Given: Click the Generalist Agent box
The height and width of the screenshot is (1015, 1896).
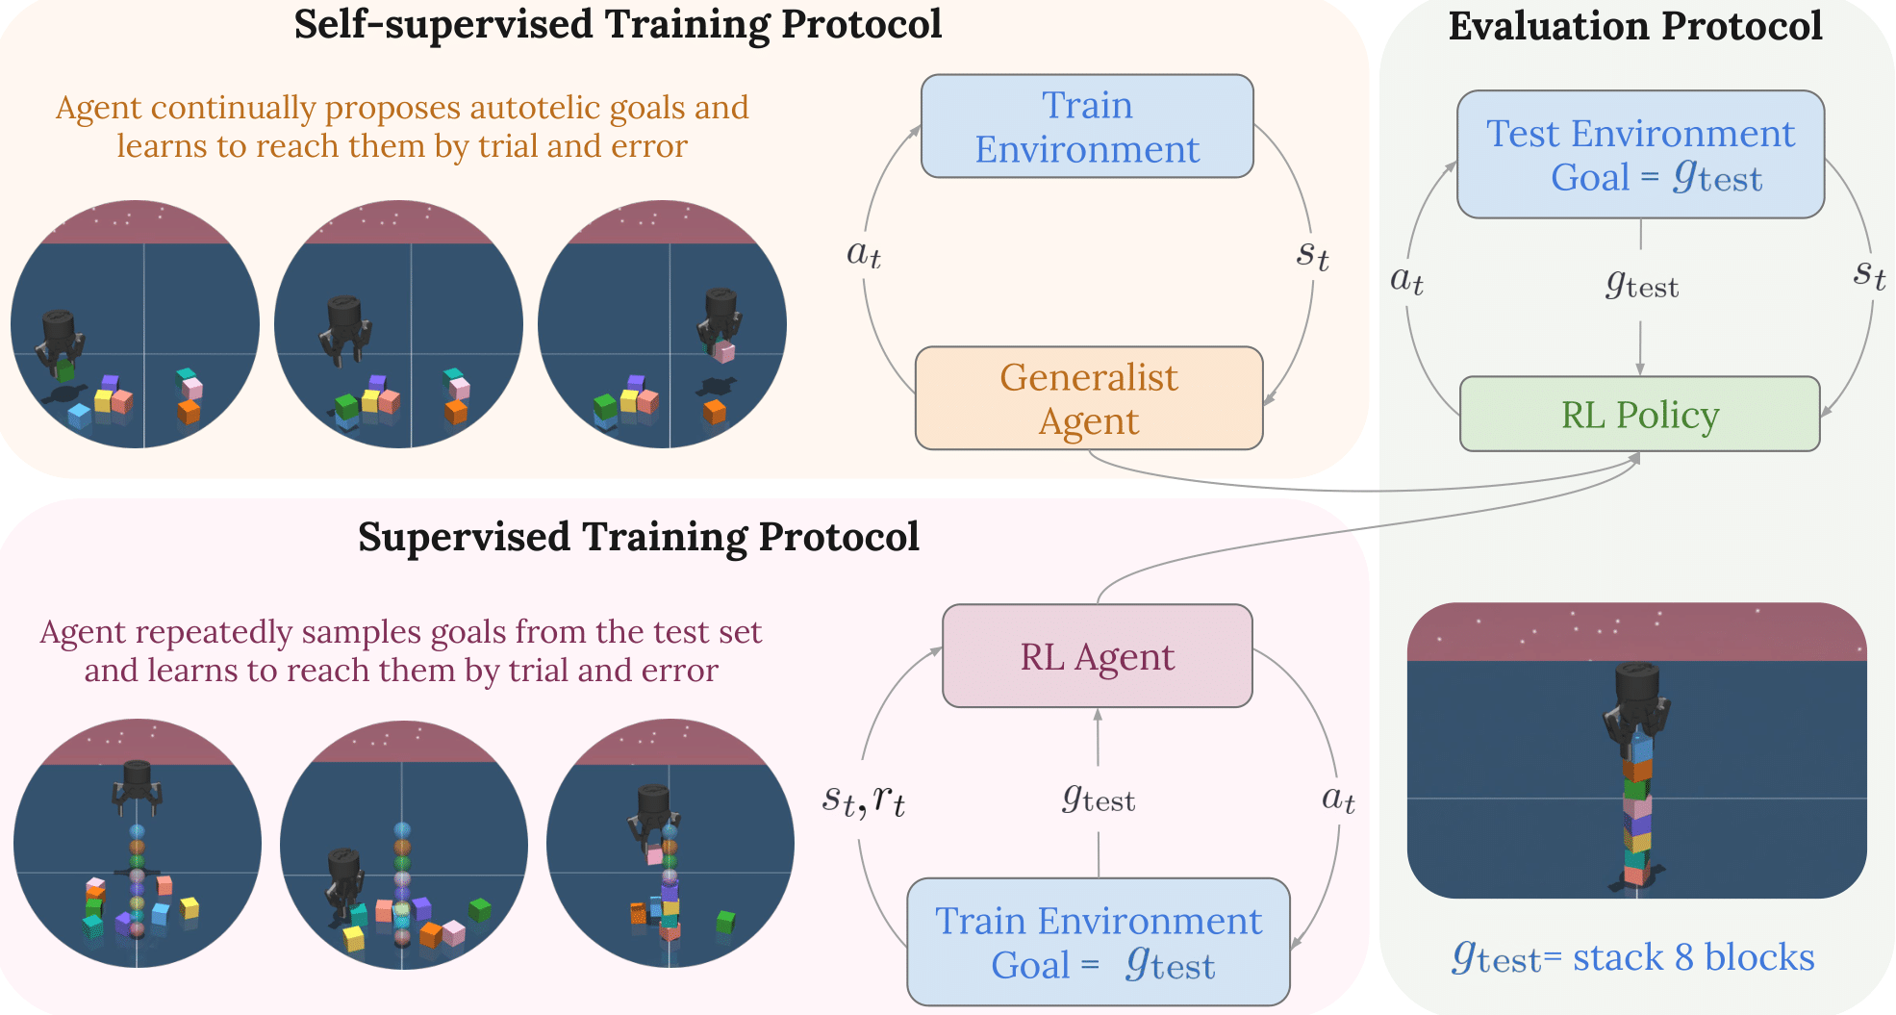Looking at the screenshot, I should [1089, 398].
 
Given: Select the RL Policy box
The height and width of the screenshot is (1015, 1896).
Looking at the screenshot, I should [1639, 415].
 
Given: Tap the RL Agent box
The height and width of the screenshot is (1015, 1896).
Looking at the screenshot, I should [1097, 656].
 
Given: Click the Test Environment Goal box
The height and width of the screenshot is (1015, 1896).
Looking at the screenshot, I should [1640, 155].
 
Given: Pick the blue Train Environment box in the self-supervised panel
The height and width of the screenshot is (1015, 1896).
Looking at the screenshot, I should [1087, 127].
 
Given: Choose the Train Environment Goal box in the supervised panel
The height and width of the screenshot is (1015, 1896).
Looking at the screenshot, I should [1098, 942].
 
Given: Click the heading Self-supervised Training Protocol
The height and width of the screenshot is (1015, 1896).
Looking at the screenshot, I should [618, 25].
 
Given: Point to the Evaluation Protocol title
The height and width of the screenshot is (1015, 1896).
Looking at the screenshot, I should [1634, 26].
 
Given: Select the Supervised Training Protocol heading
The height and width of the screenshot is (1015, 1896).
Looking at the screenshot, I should [638, 537].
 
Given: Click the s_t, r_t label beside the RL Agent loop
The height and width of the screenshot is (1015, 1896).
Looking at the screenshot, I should [863, 799].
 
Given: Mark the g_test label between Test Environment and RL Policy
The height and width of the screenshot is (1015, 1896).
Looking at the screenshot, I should [1641, 285].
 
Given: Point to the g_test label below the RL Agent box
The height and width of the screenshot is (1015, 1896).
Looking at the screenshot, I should [1099, 799].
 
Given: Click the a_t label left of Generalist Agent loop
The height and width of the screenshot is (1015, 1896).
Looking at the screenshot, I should [863, 253].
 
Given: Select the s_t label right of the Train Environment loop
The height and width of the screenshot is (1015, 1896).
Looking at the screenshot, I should [1312, 254].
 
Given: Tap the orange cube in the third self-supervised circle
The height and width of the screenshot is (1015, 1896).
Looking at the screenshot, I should [714, 411].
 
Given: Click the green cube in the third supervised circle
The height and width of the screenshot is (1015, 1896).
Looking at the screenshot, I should [726, 922].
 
